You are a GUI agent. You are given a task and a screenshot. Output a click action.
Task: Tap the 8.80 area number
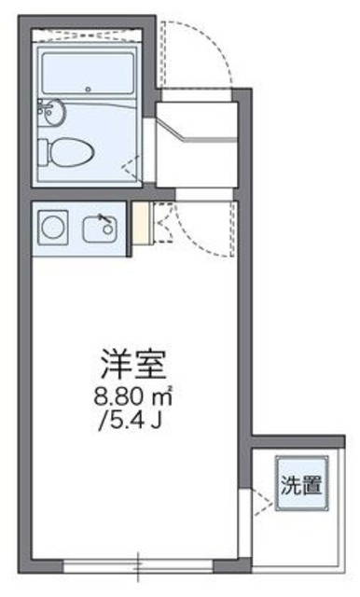click(118, 395)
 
